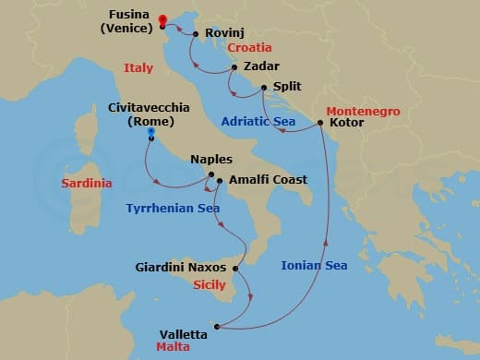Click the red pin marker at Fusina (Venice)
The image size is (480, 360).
click(x=162, y=21)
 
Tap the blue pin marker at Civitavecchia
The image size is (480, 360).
click(x=150, y=134)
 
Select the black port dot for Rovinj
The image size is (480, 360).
click(x=197, y=34)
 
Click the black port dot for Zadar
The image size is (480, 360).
click(x=235, y=67)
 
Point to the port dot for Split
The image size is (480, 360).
click(x=264, y=89)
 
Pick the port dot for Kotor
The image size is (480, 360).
click(x=320, y=122)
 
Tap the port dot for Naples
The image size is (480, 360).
click(x=211, y=174)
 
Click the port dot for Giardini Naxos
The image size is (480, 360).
click(x=236, y=269)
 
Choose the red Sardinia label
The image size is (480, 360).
click(x=87, y=183)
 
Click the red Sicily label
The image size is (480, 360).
click(x=210, y=285)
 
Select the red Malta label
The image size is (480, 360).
click(x=173, y=349)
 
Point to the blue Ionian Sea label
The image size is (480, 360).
click(x=314, y=266)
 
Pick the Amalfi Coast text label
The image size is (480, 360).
click(x=268, y=180)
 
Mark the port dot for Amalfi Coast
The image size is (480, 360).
click(x=220, y=181)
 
